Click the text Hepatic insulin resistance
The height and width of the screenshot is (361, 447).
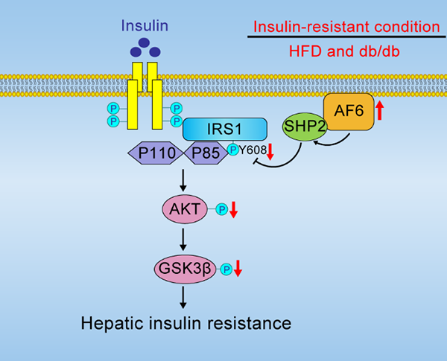coord(185,323)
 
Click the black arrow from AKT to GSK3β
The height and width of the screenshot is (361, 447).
coord(184,238)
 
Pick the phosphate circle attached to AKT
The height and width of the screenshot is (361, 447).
coord(221,211)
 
